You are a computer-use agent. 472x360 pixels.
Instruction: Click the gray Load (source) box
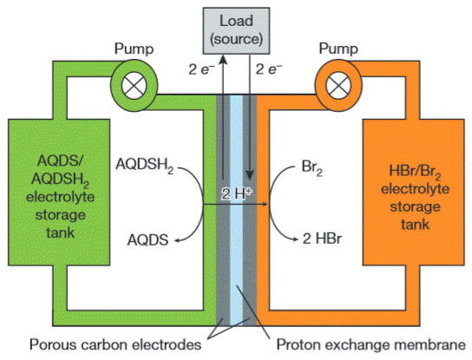(x=236, y=30)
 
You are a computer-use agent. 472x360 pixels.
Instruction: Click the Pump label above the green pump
(x=134, y=49)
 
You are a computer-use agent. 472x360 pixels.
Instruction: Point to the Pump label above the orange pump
(x=338, y=49)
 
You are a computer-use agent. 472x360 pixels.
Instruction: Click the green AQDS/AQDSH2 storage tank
(x=59, y=193)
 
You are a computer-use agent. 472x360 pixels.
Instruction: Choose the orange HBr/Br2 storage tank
(x=414, y=193)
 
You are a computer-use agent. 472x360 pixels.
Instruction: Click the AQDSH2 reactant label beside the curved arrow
(x=145, y=165)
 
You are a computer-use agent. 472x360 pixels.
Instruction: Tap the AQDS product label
(x=147, y=240)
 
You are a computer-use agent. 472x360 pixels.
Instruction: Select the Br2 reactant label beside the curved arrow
(x=311, y=167)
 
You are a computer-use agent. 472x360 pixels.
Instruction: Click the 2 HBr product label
(x=322, y=239)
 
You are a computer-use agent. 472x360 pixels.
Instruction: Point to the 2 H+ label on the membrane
(x=237, y=193)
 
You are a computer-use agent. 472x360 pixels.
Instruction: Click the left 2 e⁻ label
(x=201, y=69)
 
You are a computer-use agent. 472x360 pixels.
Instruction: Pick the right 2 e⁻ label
(x=269, y=69)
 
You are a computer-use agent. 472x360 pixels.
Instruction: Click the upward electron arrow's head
(x=223, y=59)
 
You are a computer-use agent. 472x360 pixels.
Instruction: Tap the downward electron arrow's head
(x=250, y=175)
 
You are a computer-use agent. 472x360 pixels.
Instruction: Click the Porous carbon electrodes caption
(x=115, y=344)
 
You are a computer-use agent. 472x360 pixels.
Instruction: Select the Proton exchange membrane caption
(x=370, y=345)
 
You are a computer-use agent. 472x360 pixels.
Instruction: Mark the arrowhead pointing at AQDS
(x=178, y=240)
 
